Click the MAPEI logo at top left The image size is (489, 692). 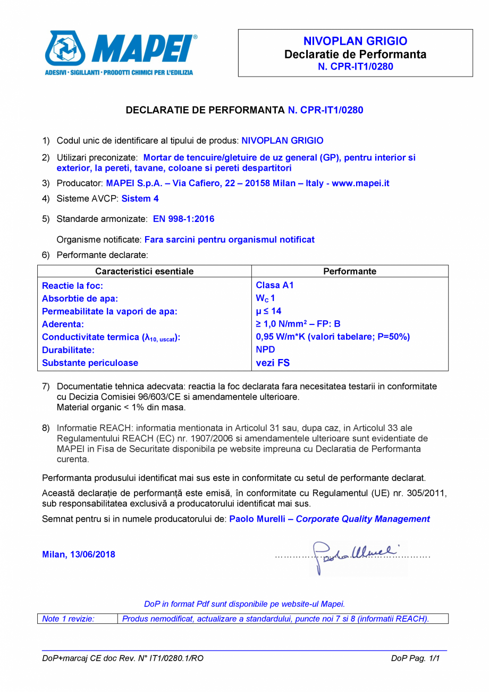[120, 52]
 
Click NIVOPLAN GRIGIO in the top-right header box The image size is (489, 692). [355, 41]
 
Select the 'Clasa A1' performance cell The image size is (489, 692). [274, 285]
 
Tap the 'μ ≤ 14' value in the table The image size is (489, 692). [268, 311]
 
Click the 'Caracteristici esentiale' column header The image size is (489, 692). [144, 271]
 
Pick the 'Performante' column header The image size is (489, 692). [350, 271]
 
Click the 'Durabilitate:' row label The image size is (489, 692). [68, 350]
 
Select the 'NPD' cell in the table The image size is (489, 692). [265, 350]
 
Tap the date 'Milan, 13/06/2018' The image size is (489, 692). [79, 555]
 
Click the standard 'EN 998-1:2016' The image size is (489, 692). [183, 219]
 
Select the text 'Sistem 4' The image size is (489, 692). [140, 199]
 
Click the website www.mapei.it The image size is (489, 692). [361, 183]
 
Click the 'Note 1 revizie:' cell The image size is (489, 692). [68, 619]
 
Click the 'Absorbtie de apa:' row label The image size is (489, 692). [80, 298]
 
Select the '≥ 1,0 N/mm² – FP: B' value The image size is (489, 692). [298, 324]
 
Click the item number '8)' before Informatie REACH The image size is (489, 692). [46, 428]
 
